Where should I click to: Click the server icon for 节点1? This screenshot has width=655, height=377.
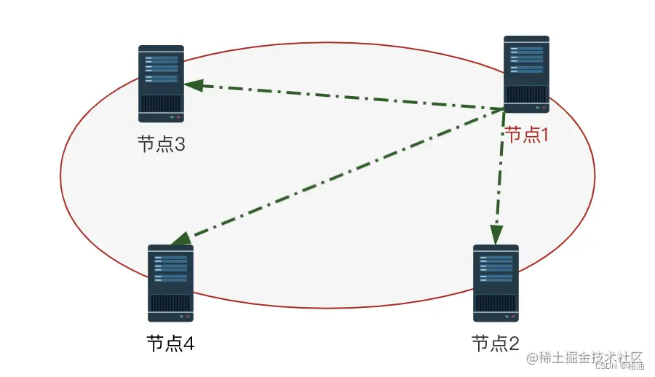526,74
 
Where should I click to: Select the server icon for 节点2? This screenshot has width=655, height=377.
496,283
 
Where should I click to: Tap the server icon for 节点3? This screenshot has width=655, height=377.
161,84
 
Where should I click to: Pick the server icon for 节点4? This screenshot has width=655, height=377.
170,283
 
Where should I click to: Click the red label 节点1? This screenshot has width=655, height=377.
525,135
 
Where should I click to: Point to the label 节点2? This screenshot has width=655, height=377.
495,343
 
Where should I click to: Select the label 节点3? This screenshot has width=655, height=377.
161,144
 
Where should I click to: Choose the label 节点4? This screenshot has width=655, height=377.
170,343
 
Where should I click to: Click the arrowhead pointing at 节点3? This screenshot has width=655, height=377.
191,84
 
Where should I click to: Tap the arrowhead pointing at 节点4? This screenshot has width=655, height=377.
179,239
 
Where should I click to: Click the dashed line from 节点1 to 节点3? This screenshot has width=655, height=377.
342,98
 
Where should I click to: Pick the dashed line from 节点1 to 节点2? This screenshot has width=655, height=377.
500,175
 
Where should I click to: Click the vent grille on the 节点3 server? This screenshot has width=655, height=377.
161,103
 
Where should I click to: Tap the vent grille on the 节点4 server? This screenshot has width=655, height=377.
170,303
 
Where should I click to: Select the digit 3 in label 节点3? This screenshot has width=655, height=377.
178,144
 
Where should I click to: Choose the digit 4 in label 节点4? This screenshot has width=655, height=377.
188,343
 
